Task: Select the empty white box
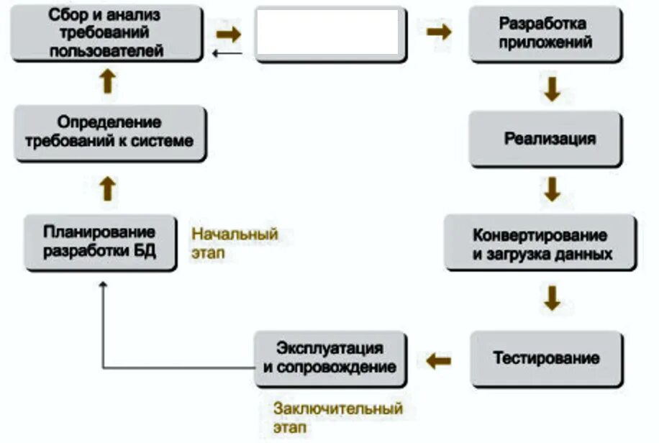327,33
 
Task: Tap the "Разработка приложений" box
545,33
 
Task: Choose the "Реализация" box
545,138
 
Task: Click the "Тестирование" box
546,358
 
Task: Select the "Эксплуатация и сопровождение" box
329,357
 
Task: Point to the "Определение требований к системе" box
109,132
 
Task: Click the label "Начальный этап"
235,244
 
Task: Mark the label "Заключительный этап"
337,418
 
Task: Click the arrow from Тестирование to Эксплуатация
438,359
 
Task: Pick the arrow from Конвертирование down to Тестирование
552,298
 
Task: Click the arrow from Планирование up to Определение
108,189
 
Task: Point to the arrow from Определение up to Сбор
107,81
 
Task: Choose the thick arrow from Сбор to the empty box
229,33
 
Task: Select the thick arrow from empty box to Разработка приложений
439,32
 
